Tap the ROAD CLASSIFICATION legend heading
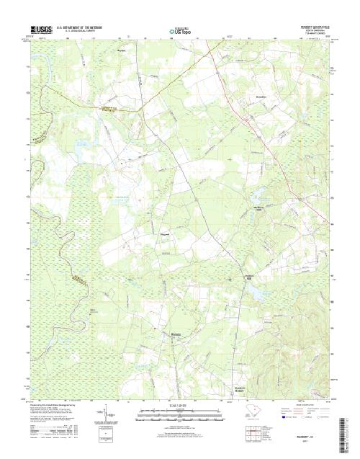pos(297,404)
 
